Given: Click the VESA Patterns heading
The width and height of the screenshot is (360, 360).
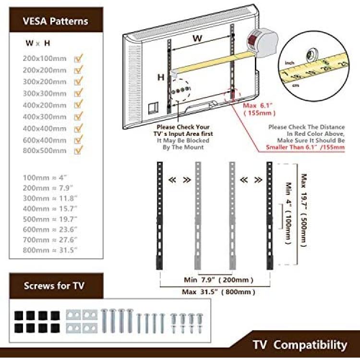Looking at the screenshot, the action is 55,21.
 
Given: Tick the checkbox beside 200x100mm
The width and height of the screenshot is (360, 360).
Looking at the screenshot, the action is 78,58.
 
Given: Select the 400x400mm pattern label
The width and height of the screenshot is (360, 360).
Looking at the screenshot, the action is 45,128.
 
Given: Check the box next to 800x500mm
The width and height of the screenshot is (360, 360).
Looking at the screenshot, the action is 78,150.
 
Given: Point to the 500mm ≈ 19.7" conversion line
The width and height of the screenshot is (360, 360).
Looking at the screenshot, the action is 50,219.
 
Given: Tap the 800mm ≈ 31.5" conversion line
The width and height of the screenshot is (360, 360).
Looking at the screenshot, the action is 50,250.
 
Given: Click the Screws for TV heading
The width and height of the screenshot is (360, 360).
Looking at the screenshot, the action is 54,286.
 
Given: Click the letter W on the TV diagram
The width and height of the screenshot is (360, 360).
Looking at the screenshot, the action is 197,38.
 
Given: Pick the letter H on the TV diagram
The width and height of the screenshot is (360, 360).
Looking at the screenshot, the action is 161,77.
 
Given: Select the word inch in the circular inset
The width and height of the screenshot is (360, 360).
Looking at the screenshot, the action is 289,63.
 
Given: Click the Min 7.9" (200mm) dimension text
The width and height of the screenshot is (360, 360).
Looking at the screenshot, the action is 218,280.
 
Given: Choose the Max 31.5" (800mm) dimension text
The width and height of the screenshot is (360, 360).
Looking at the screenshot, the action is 218,292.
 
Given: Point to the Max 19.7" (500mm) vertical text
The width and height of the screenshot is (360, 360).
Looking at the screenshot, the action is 304,210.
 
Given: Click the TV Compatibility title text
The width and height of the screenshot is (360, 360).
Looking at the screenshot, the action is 300,345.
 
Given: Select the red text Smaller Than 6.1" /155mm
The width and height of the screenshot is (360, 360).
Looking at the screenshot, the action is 305,147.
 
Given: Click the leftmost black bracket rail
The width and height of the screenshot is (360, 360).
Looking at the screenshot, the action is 159,216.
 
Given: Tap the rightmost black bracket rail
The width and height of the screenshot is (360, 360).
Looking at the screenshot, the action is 270,216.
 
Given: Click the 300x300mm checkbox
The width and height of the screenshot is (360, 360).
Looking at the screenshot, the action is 78,93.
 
